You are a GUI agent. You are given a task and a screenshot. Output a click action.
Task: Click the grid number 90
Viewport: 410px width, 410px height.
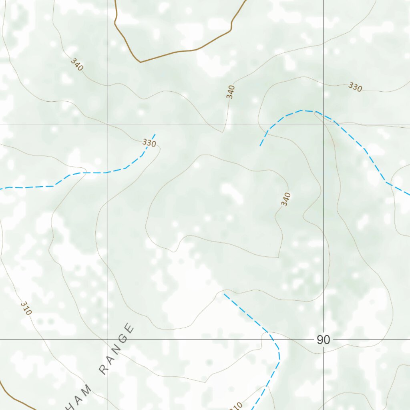(x=323, y=340)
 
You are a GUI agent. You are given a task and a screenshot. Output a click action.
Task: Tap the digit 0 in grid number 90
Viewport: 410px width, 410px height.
(x=327, y=340)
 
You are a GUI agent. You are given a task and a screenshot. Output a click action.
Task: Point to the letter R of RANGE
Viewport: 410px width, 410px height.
(x=104, y=370)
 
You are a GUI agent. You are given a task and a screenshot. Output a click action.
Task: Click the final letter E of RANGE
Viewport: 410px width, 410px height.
(x=129, y=329)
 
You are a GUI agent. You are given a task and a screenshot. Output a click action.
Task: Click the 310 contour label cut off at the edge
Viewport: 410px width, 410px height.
(x=237, y=406)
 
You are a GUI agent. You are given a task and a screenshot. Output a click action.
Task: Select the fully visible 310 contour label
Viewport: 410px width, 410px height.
(x=25, y=308)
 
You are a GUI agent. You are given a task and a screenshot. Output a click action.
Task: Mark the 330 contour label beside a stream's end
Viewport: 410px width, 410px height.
(x=149, y=143)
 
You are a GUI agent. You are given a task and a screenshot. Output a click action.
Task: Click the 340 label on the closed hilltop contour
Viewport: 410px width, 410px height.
(x=286, y=199)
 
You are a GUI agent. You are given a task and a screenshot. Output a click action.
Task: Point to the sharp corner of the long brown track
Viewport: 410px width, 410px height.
(x=140, y=62)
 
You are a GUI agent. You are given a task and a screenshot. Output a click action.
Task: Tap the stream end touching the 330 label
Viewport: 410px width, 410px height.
(x=155, y=135)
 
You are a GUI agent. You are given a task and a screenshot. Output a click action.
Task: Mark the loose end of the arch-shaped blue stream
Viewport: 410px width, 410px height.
(x=260, y=145)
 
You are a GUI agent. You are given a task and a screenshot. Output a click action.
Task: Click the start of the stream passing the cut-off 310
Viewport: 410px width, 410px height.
(x=224, y=294)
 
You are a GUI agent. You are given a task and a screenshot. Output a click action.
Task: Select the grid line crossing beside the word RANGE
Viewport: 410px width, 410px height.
(x=108, y=340)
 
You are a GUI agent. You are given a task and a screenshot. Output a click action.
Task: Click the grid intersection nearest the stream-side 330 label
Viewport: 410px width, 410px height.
(x=108, y=124)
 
